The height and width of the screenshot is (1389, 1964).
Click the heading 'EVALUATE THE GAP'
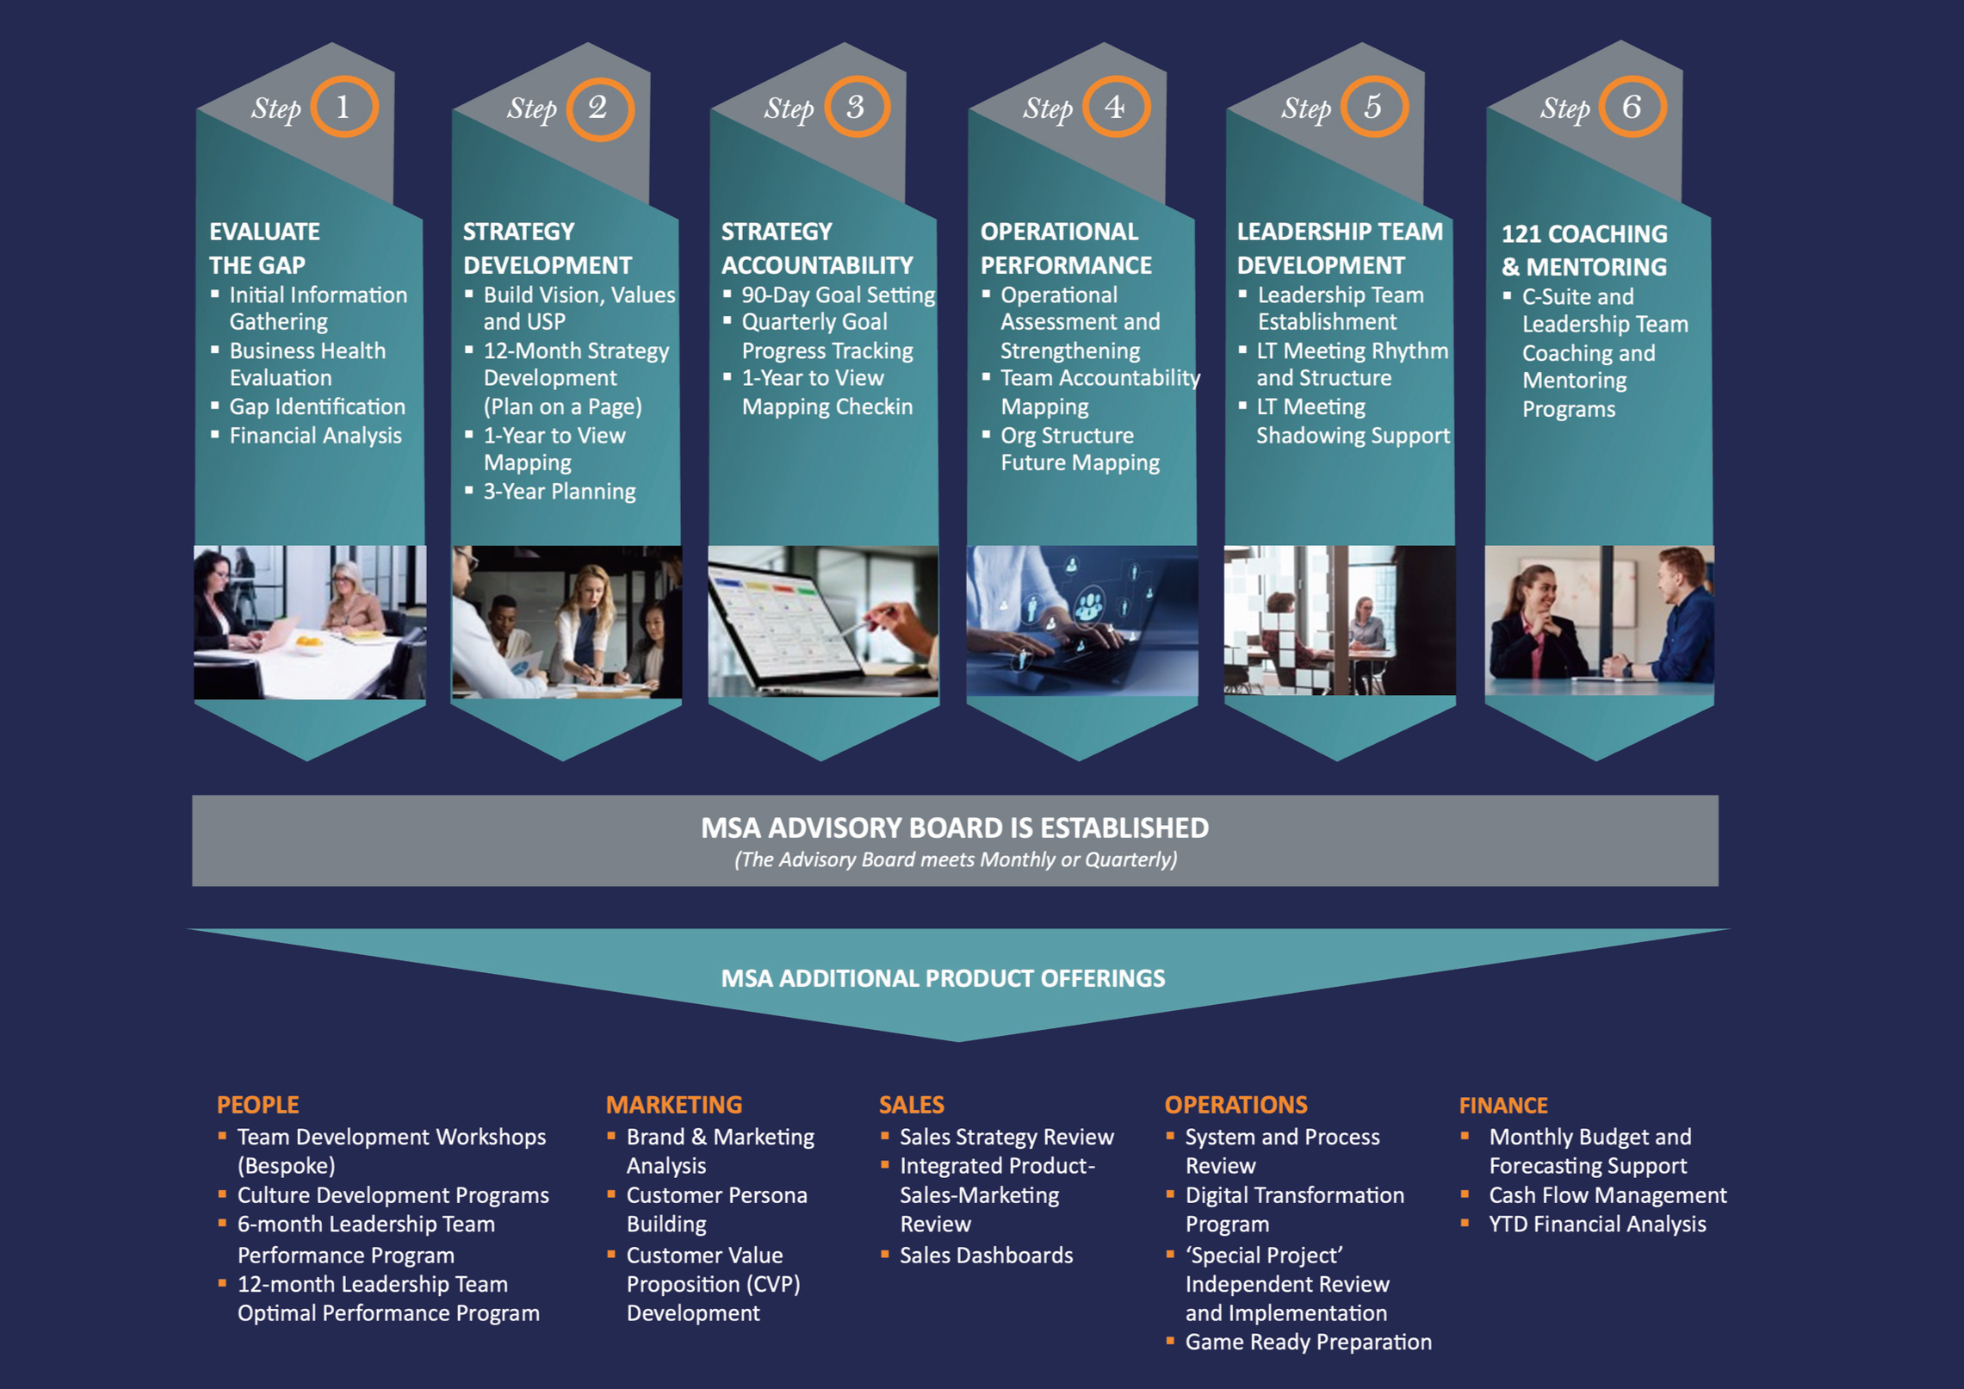[x=264, y=248]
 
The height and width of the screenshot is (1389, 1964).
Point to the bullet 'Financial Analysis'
[x=315, y=436]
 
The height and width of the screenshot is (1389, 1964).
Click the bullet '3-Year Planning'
[x=560, y=492]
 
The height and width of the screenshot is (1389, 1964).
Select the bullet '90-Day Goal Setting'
[x=838, y=295]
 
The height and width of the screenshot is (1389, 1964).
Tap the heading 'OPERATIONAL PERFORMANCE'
[x=1066, y=248]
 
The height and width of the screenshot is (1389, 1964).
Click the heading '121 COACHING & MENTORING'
[x=1584, y=251]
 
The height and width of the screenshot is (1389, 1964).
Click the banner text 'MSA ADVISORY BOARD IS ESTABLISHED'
[x=955, y=828]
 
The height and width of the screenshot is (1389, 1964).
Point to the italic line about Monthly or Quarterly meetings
[x=956, y=859]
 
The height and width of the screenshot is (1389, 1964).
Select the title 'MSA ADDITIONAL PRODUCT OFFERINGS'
[x=943, y=978]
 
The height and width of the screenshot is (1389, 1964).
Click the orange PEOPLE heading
[x=257, y=1105]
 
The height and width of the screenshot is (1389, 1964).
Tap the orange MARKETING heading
[x=674, y=1105]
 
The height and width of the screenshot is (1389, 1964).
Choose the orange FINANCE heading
[x=1503, y=1106]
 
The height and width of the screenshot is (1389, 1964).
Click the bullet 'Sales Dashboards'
[x=986, y=1256]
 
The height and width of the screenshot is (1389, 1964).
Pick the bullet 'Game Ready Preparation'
[x=1308, y=1342]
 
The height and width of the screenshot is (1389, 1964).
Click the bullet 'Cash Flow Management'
[x=1608, y=1195]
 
